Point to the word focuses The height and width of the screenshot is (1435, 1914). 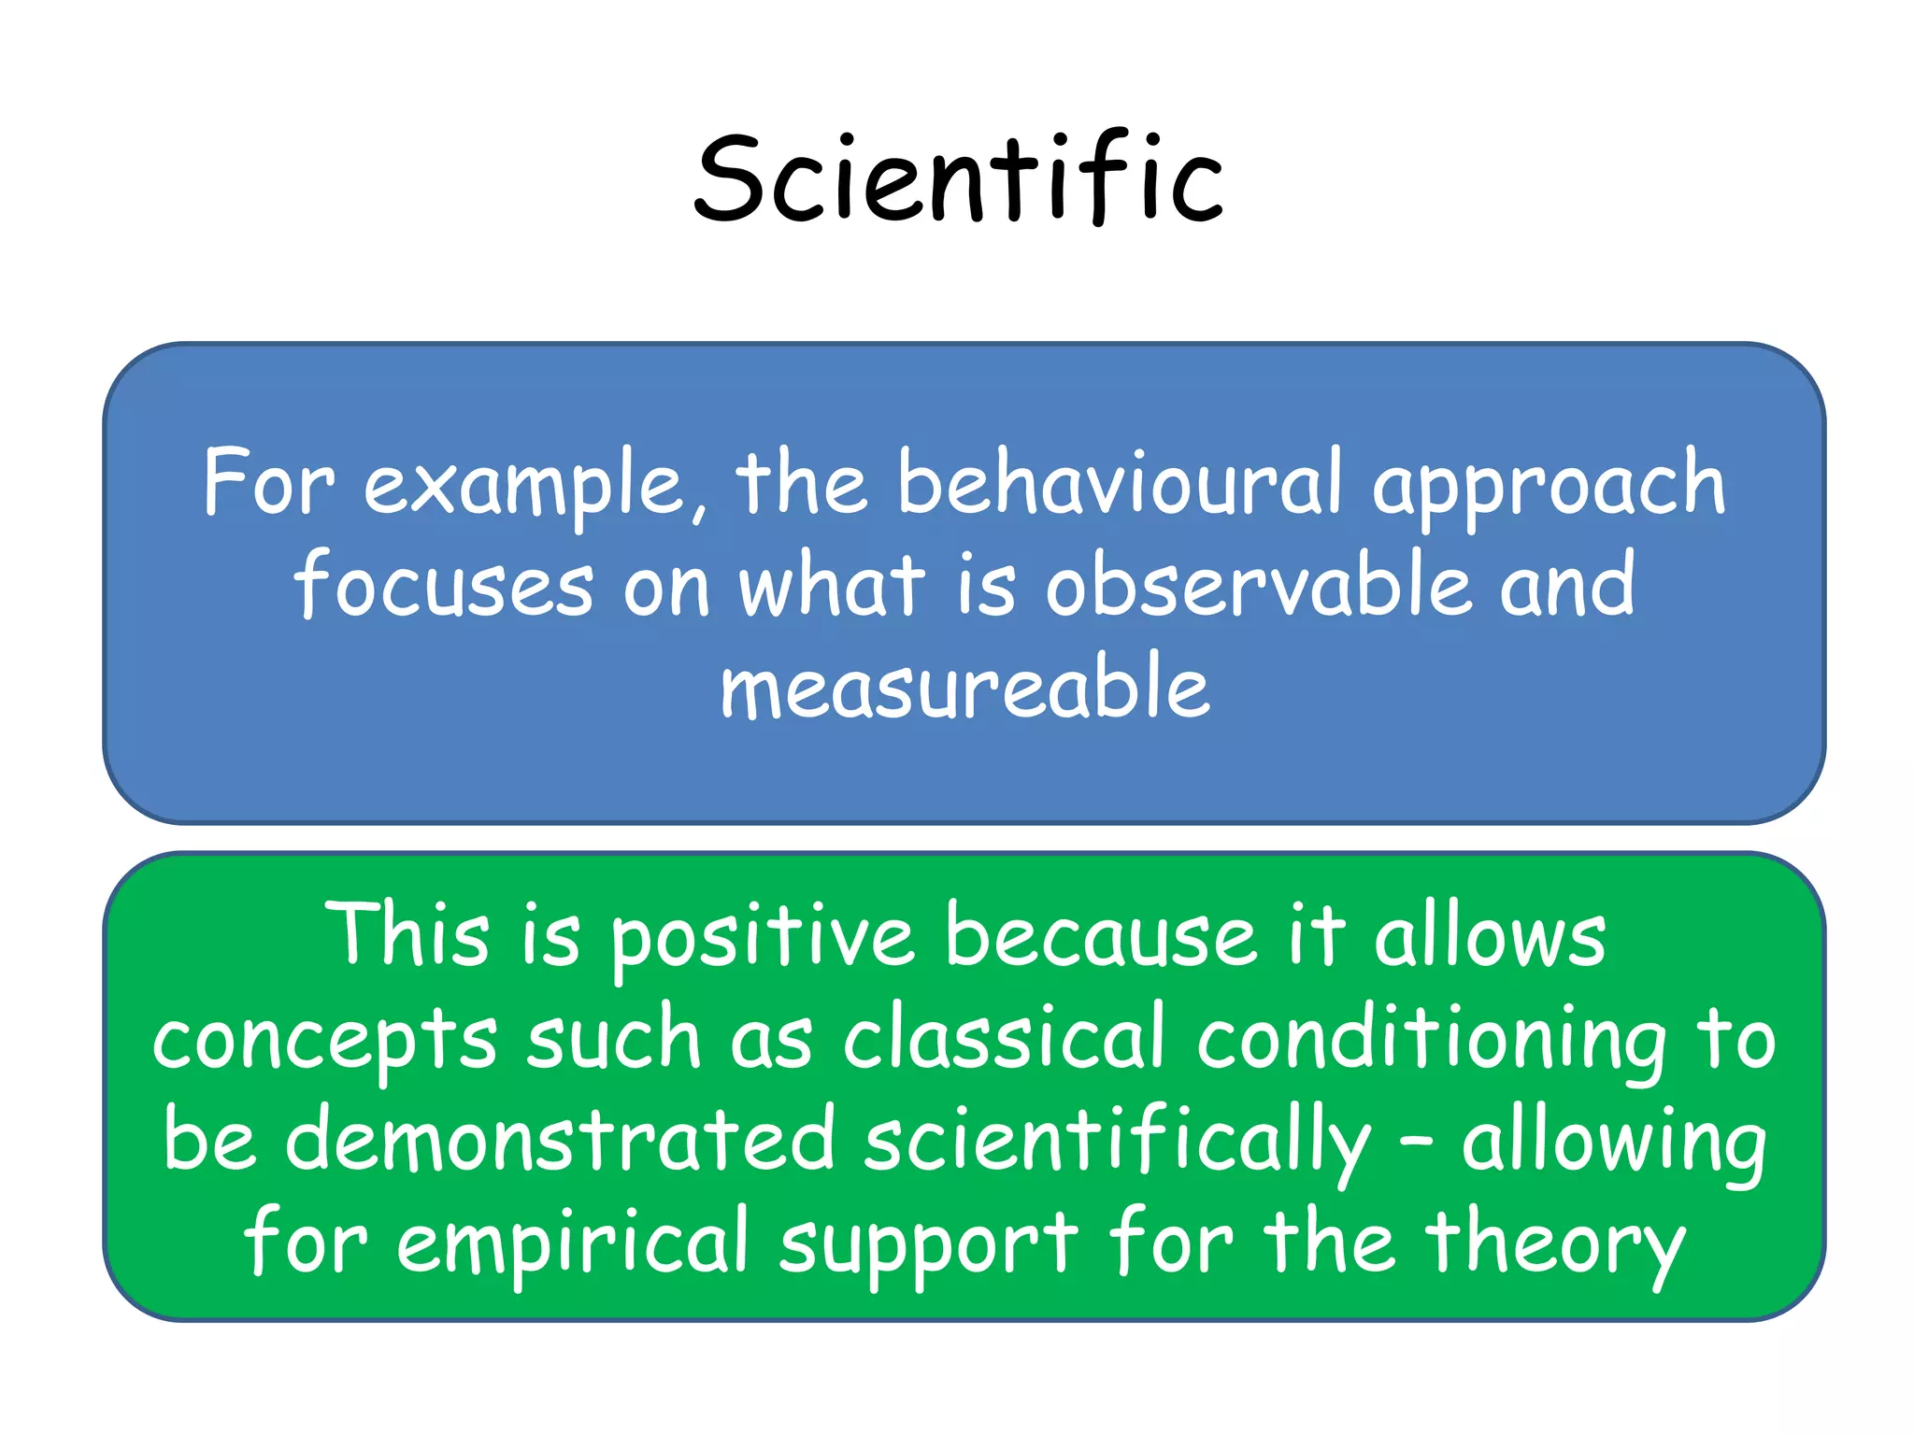pos(444,586)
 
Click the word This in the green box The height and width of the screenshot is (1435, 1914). pos(407,934)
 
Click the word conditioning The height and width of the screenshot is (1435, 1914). pos(1432,1041)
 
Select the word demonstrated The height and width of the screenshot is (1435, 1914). pos(559,1140)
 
